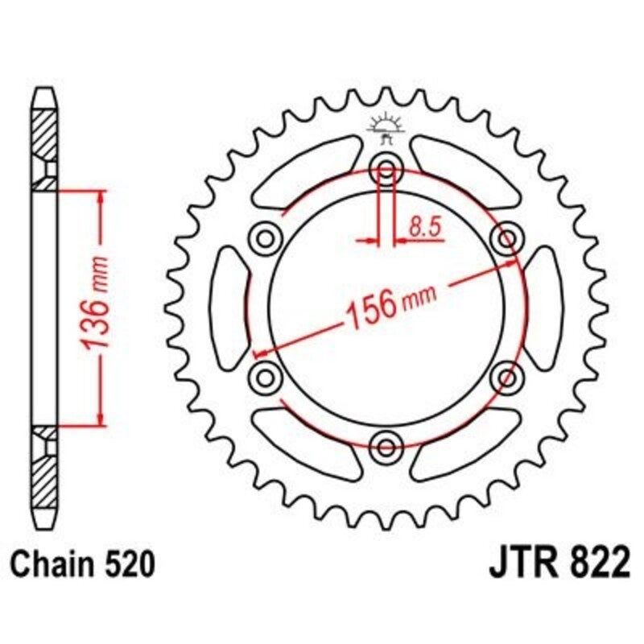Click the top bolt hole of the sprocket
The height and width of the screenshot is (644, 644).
[386, 171]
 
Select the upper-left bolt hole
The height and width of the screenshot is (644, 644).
[265, 238]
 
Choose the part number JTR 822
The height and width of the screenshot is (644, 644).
[558, 564]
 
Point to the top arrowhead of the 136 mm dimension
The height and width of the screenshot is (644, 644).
[100, 196]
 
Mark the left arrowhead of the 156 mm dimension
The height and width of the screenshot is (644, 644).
[259, 352]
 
